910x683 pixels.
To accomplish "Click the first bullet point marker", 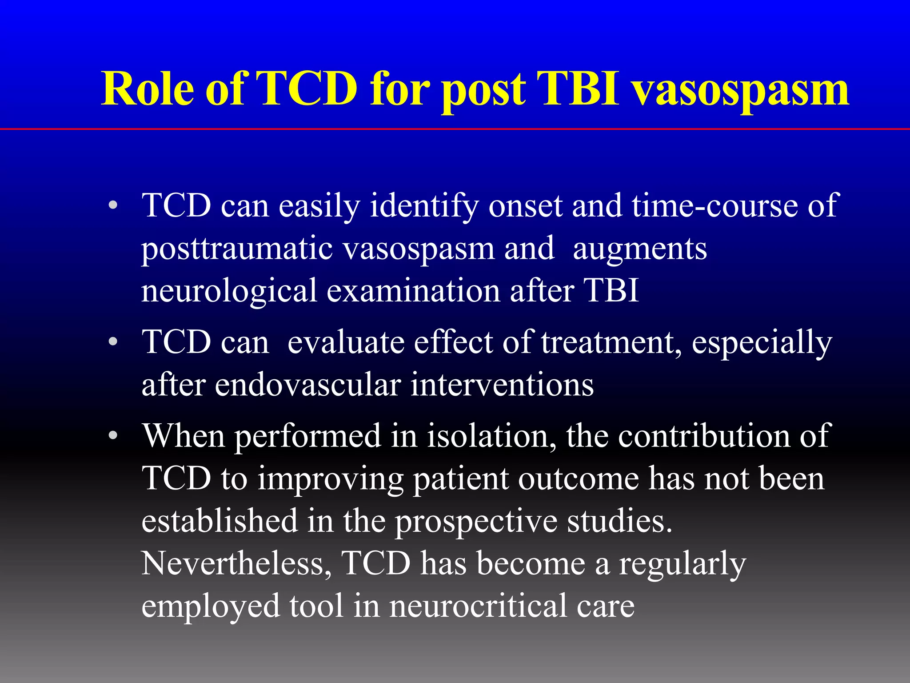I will click(113, 206).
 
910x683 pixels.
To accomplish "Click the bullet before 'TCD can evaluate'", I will click(113, 342).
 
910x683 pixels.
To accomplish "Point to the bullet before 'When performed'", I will click(113, 436).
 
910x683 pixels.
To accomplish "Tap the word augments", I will click(640, 249).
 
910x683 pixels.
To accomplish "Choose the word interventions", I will click(502, 385).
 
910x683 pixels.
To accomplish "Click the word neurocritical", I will click(478, 606).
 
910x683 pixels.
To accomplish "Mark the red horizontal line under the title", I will click(455, 129).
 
